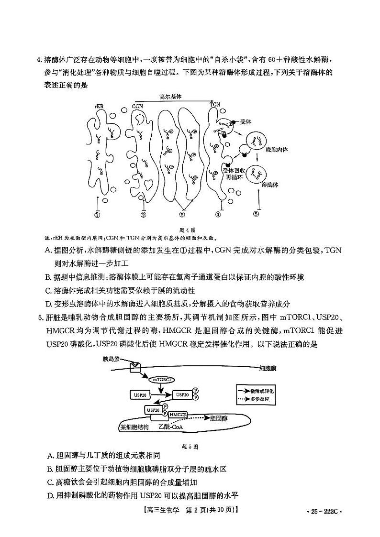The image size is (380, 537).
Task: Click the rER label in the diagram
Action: pos(99,107)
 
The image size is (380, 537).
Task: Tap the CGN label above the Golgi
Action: pos(137,106)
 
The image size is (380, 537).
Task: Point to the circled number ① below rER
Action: pos(98,215)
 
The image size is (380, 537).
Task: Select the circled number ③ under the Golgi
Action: pos(182,215)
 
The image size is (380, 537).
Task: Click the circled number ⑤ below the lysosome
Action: pos(256,214)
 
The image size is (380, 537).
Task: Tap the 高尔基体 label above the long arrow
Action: pos(171,97)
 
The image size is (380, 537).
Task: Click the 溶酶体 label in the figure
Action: pos(270,184)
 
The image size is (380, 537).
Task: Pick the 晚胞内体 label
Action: pos(277,150)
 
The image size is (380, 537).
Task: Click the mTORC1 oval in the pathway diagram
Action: pos(163,379)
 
